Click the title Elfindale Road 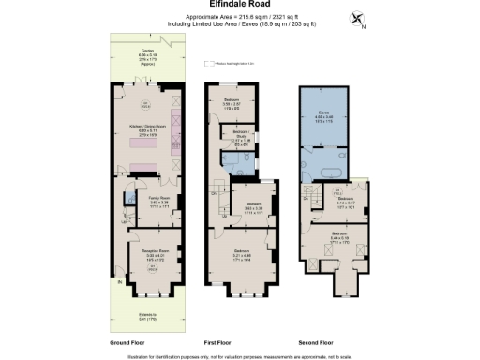[x=239, y=7]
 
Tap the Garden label [x=148, y=54]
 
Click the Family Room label [x=157, y=201]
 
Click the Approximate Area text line [x=239, y=17]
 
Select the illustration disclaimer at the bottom [x=239, y=354]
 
